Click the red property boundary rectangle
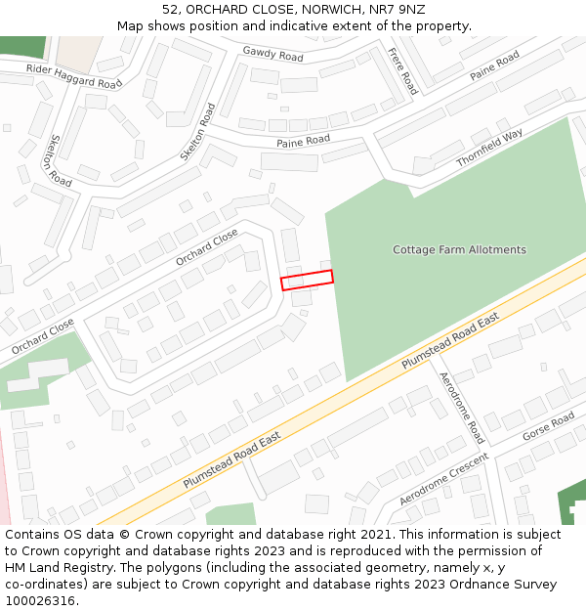click(307, 280)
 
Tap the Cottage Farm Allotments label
click(459, 249)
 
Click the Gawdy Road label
click(272, 54)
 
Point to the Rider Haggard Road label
click(74, 76)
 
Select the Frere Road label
click(402, 70)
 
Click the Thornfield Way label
click(489, 147)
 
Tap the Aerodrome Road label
click(461, 407)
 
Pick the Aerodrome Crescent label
click(443, 478)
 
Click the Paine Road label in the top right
click(494, 66)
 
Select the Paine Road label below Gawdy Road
click(303, 142)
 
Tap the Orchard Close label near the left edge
click(42, 336)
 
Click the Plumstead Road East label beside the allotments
click(451, 340)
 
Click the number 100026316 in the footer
click(41, 600)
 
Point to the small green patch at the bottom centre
click(230, 514)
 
